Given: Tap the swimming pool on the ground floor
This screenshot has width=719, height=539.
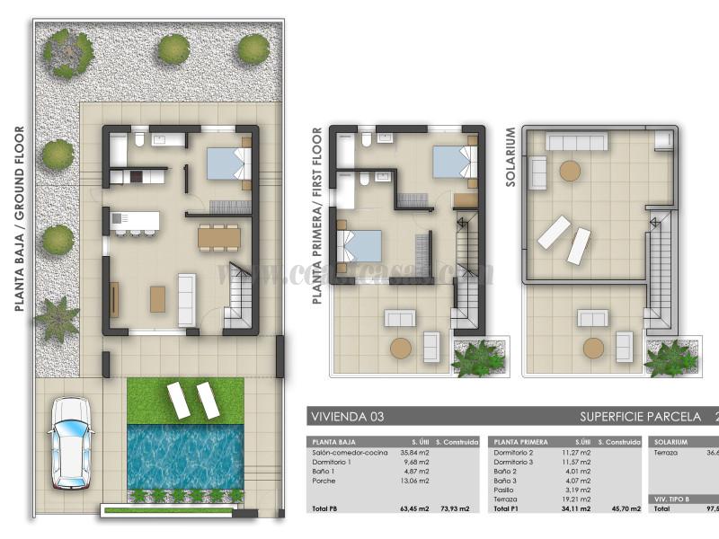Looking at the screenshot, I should click(185, 455).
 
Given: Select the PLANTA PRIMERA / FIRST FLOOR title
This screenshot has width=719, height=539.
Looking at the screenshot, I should click(316, 216).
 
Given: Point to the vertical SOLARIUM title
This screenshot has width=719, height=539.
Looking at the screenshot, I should click(510, 157).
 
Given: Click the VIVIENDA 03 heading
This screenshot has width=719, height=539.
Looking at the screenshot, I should click(342, 417).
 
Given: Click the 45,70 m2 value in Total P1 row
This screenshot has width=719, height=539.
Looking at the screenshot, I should click(626, 509).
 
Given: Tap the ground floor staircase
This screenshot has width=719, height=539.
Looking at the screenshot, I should click(241, 296).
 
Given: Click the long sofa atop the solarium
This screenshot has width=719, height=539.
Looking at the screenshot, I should click(577, 141).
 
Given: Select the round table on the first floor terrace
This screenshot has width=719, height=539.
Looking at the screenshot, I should click(400, 348).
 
